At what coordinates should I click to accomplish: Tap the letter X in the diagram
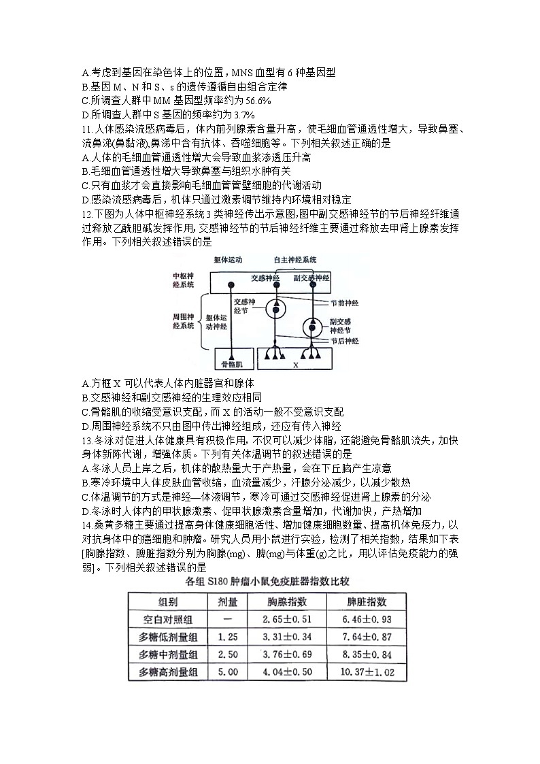[x=295, y=365]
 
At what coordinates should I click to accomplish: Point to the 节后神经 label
[x=345, y=340]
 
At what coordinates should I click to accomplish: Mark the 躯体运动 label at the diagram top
[x=227, y=260]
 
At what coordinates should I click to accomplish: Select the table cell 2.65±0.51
[x=287, y=619]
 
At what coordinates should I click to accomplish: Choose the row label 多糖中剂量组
[x=169, y=654]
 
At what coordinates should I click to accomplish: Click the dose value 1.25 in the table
[x=228, y=637]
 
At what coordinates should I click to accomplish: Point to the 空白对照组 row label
[x=169, y=619]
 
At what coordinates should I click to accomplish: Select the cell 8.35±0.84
[x=367, y=654]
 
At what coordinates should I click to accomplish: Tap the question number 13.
[x=86, y=440]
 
